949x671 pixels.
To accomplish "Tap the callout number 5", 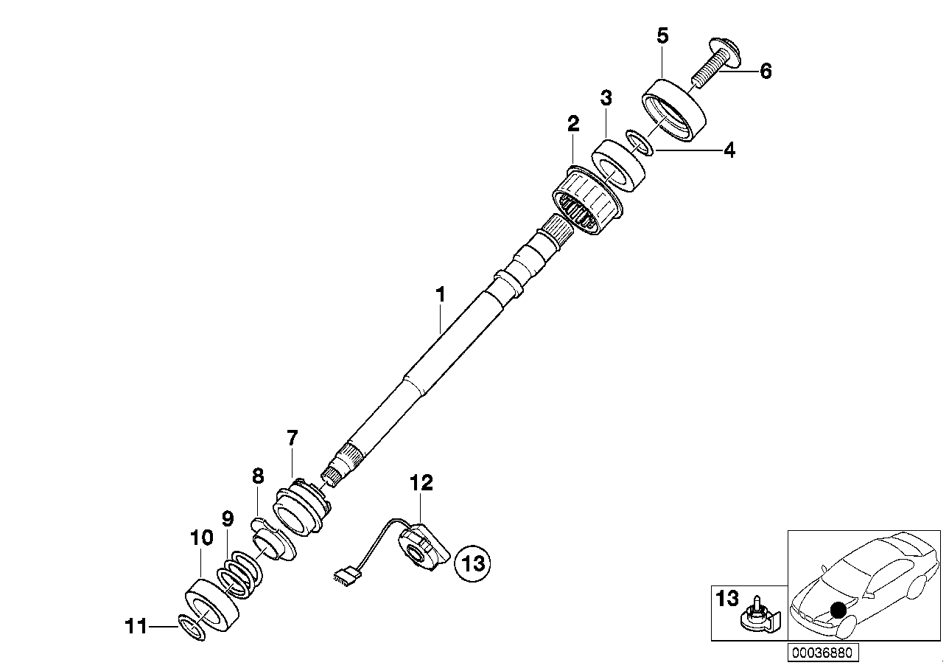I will tap(662, 36).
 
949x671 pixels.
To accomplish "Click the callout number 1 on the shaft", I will tap(440, 296).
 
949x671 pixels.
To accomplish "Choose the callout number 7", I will tap(292, 439).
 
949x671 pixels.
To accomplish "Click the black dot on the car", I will tap(838, 610).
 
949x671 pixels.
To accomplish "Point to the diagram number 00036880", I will tap(824, 653).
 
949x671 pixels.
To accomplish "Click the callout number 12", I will tap(421, 483).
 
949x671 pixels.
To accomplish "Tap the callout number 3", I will tap(606, 97).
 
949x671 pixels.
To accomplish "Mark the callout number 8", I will tap(257, 476).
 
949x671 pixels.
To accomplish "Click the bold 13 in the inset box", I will tap(726, 598).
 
